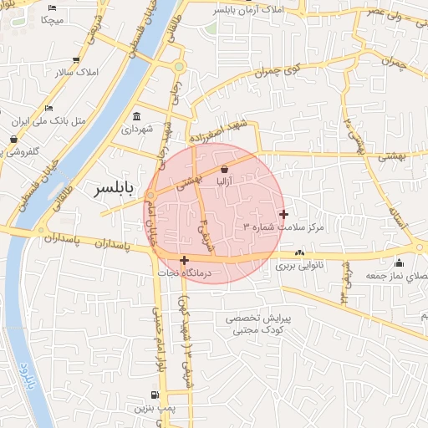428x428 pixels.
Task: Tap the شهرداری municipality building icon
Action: point(136,116)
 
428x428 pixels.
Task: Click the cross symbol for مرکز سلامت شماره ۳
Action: point(284,214)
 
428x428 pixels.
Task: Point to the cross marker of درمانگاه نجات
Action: point(184,260)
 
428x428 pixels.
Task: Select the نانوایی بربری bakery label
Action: point(299,267)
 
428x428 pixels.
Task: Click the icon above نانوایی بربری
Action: point(299,253)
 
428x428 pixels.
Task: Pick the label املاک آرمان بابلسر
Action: point(249,10)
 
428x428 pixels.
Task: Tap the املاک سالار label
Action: point(76,72)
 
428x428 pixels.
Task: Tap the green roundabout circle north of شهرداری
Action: point(178,66)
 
